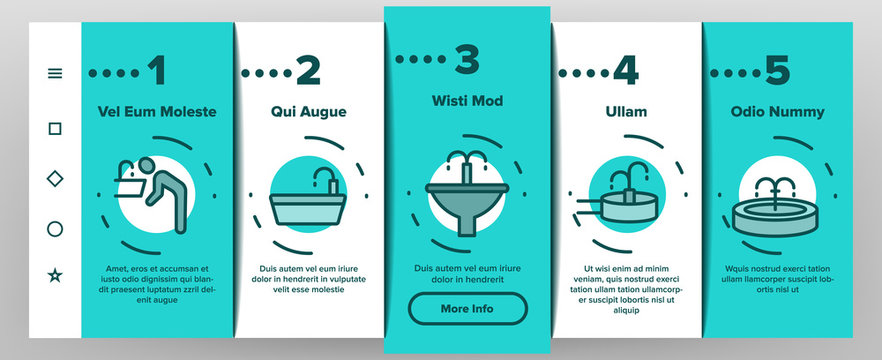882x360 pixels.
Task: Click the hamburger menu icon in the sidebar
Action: (55, 73)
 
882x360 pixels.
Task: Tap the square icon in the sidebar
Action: (55, 128)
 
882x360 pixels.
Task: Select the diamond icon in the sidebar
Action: (55, 178)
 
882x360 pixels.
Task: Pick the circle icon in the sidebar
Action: (55, 229)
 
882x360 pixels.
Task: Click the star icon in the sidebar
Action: (55, 275)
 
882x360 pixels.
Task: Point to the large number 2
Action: (308, 71)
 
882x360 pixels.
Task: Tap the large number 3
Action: (466, 59)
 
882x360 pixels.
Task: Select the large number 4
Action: (625, 71)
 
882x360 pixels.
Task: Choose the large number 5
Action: (776, 71)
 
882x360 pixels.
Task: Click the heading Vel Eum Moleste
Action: (158, 112)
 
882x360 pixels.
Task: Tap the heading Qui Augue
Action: (308, 112)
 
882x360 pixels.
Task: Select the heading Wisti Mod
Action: (467, 101)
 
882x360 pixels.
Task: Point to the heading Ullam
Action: (627, 112)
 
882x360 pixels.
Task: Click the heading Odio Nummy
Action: (776, 112)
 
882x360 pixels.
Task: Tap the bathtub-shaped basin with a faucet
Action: (308, 205)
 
